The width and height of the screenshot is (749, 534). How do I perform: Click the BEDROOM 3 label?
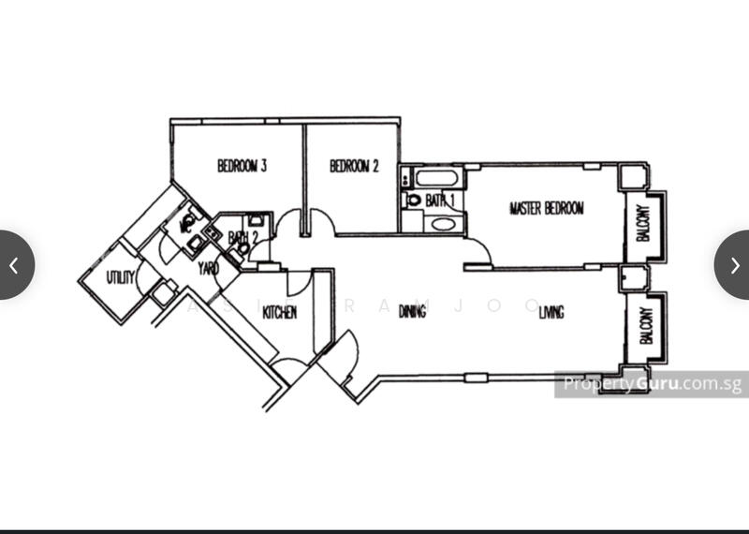(x=242, y=167)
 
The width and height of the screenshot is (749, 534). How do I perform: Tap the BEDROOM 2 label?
(x=354, y=167)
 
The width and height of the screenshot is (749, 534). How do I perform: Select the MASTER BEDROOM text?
(x=546, y=208)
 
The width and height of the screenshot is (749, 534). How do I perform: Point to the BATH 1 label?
(x=439, y=200)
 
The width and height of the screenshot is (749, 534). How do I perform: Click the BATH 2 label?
(x=242, y=239)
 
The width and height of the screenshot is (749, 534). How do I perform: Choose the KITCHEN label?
(x=279, y=312)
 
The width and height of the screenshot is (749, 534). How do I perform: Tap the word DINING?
(x=412, y=311)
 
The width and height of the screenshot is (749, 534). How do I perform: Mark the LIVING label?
(x=551, y=312)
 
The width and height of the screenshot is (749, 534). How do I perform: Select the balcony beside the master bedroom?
(x=645, y=223)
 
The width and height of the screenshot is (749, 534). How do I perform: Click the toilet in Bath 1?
(x=413, y=200)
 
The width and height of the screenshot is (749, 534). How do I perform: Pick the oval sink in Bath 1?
(x=438, y=224)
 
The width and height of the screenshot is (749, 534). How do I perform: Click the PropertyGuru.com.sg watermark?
(x=650, y=384)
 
